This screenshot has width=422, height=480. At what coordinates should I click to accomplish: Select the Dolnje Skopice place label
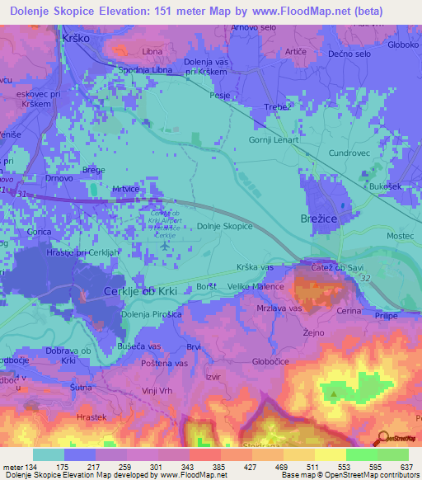225,226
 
